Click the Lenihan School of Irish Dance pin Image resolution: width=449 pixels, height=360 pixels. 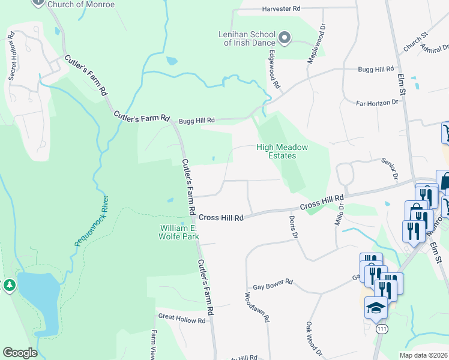285,39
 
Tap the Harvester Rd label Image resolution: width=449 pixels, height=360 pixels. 281,9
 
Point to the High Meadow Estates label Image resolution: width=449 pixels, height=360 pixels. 282,151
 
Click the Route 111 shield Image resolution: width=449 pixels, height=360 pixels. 381,329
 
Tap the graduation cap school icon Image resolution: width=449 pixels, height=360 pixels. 376,307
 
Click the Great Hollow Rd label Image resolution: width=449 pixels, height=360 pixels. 181,320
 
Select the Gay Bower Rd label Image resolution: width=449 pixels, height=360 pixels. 273,281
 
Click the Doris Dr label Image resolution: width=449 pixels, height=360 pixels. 295,227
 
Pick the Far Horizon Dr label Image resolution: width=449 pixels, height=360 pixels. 377,103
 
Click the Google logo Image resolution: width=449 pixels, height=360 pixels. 20,353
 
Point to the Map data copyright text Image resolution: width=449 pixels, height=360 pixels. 423,355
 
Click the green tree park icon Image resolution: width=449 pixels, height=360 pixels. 9,285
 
